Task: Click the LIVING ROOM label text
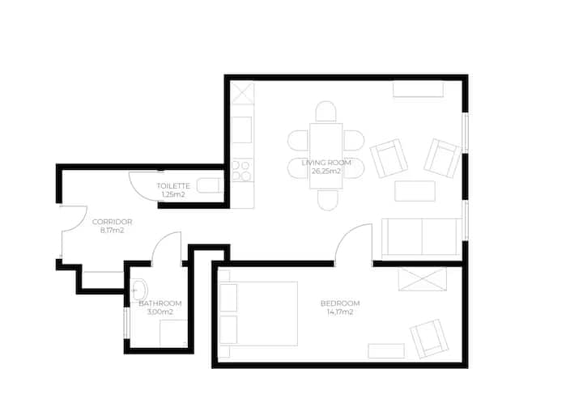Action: pyautogui.click(x=326, y=163)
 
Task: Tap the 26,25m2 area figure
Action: pyautogui.click(x=326, y=172)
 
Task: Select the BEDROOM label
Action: pyautogui.click(x=340, y=303)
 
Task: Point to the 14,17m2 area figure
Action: pyautogui.click(x=340, y=312)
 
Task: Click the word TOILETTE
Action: pyautogui.click(x=173, y=186)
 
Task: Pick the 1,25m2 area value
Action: pyautogui.click(x=173, y=194)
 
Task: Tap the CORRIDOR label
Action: pyautogui.click(x=112, y=222)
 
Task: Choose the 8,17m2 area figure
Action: pyautogui.click(x=112, y=231)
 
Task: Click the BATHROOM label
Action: pyautogui.click(x=160, y=303)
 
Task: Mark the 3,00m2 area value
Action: pyautogui.click(x=160, y=312)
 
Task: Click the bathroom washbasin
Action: pyautogui.click(x=139, y=289)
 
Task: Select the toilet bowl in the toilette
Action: pyautogui.click(x=210, y=185)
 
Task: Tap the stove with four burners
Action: pyautogui.click(x=242, y=170)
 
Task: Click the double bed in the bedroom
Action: pyautogui.click(x=258, y=314)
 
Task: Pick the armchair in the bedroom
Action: pyautogui.click(x=429, y=338)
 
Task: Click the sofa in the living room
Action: pyautogui.click(x=421, y=239)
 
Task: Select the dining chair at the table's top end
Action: pyautogui.click(x=326, y=111)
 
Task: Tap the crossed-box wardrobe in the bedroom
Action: pyautogui.click(x=422, y=279)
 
